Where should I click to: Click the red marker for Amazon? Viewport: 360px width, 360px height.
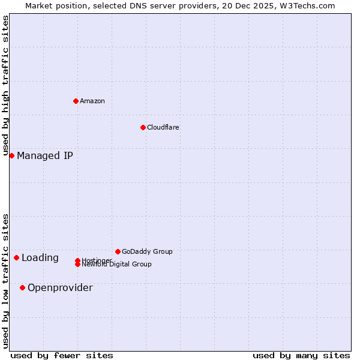76,101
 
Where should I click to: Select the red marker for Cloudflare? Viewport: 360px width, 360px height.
143,127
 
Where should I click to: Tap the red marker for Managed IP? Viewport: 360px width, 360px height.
11,155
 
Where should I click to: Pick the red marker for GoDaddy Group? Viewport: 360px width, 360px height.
118,251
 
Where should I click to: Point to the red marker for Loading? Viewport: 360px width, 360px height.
16,257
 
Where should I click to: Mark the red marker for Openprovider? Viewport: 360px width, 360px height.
22,287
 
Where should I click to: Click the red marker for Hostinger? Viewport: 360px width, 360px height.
77,260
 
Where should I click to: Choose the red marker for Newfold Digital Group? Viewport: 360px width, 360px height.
77,265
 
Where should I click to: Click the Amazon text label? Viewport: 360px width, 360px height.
92,101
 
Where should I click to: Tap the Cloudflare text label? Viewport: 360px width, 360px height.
163,127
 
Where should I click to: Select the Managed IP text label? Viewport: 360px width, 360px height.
45,156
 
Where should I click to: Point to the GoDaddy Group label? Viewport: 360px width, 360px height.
147,251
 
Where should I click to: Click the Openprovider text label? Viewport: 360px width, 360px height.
60,288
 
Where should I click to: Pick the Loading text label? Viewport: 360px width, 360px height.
40,258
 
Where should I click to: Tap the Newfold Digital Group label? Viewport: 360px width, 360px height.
117,265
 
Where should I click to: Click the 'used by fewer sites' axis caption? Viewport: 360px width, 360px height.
62,355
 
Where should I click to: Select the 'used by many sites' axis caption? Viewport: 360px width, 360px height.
301,355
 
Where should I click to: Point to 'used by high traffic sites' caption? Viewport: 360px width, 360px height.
5,86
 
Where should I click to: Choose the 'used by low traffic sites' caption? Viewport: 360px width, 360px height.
5,281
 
